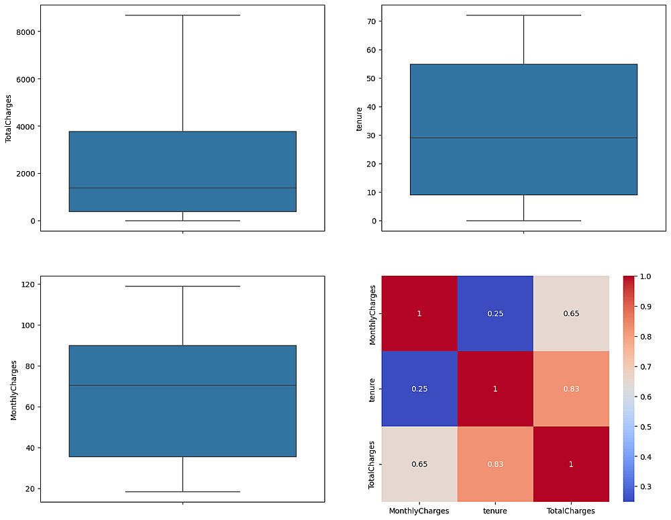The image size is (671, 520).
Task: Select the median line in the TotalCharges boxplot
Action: [x=183, y=188]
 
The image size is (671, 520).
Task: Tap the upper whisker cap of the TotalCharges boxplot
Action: [x=183, y=15]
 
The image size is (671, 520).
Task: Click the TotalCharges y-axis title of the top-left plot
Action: [x=9, y=118]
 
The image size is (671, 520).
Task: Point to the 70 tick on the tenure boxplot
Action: [x=370, y=21]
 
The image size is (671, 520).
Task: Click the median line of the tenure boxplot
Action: [x=523, y=138]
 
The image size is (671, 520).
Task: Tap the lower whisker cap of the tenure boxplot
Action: [x=523, y=221]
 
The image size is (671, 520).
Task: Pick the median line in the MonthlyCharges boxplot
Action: [x=183, y=385]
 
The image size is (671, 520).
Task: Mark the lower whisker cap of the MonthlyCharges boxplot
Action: [x=183, y=492]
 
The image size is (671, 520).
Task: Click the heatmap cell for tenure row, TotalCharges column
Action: [x=571, y=388]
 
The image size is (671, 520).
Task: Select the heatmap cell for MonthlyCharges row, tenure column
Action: [x=495, y=313]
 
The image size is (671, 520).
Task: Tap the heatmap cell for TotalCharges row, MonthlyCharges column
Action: [x=419, y=464]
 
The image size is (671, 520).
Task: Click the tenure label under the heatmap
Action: [x=495, y=511]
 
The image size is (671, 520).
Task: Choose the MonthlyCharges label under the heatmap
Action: [x=419, y=511]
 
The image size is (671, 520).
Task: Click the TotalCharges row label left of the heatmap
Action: [x=372, y=464]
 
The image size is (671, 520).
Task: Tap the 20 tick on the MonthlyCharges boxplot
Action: [x=30, y=488]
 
